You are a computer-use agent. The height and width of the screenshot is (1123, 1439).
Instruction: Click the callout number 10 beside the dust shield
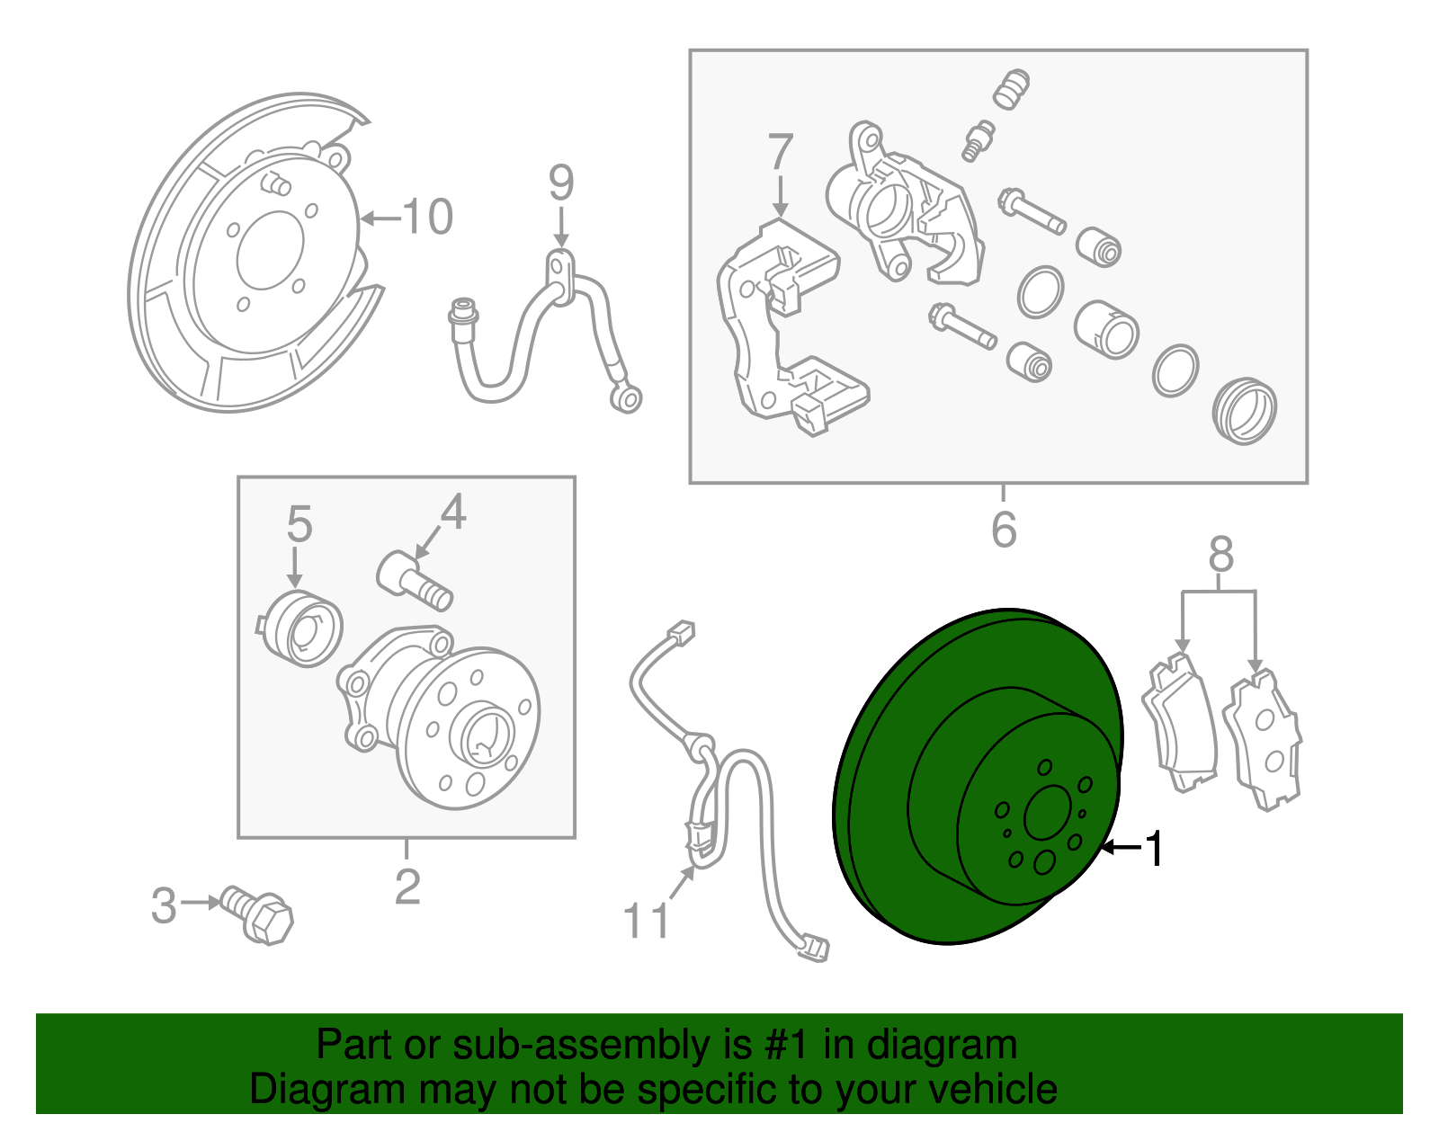(427, 218)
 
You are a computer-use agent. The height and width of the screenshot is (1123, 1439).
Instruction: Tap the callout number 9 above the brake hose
(561, 183)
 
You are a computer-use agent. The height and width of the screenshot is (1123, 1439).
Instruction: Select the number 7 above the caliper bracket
(781, 152)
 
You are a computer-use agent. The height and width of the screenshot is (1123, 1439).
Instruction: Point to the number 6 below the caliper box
(1004, 530)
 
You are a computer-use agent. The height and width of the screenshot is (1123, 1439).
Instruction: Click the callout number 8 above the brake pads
(1220, 555)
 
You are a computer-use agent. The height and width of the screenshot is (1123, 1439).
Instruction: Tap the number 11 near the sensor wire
(647, 922)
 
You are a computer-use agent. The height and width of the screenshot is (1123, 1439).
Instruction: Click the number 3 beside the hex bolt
(163, 905)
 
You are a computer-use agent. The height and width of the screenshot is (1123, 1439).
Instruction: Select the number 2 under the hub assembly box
(407, 887)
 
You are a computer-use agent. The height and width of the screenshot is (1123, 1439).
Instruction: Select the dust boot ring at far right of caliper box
(1244, 411)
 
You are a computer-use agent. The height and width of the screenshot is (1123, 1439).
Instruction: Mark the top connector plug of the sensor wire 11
(680, 632)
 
